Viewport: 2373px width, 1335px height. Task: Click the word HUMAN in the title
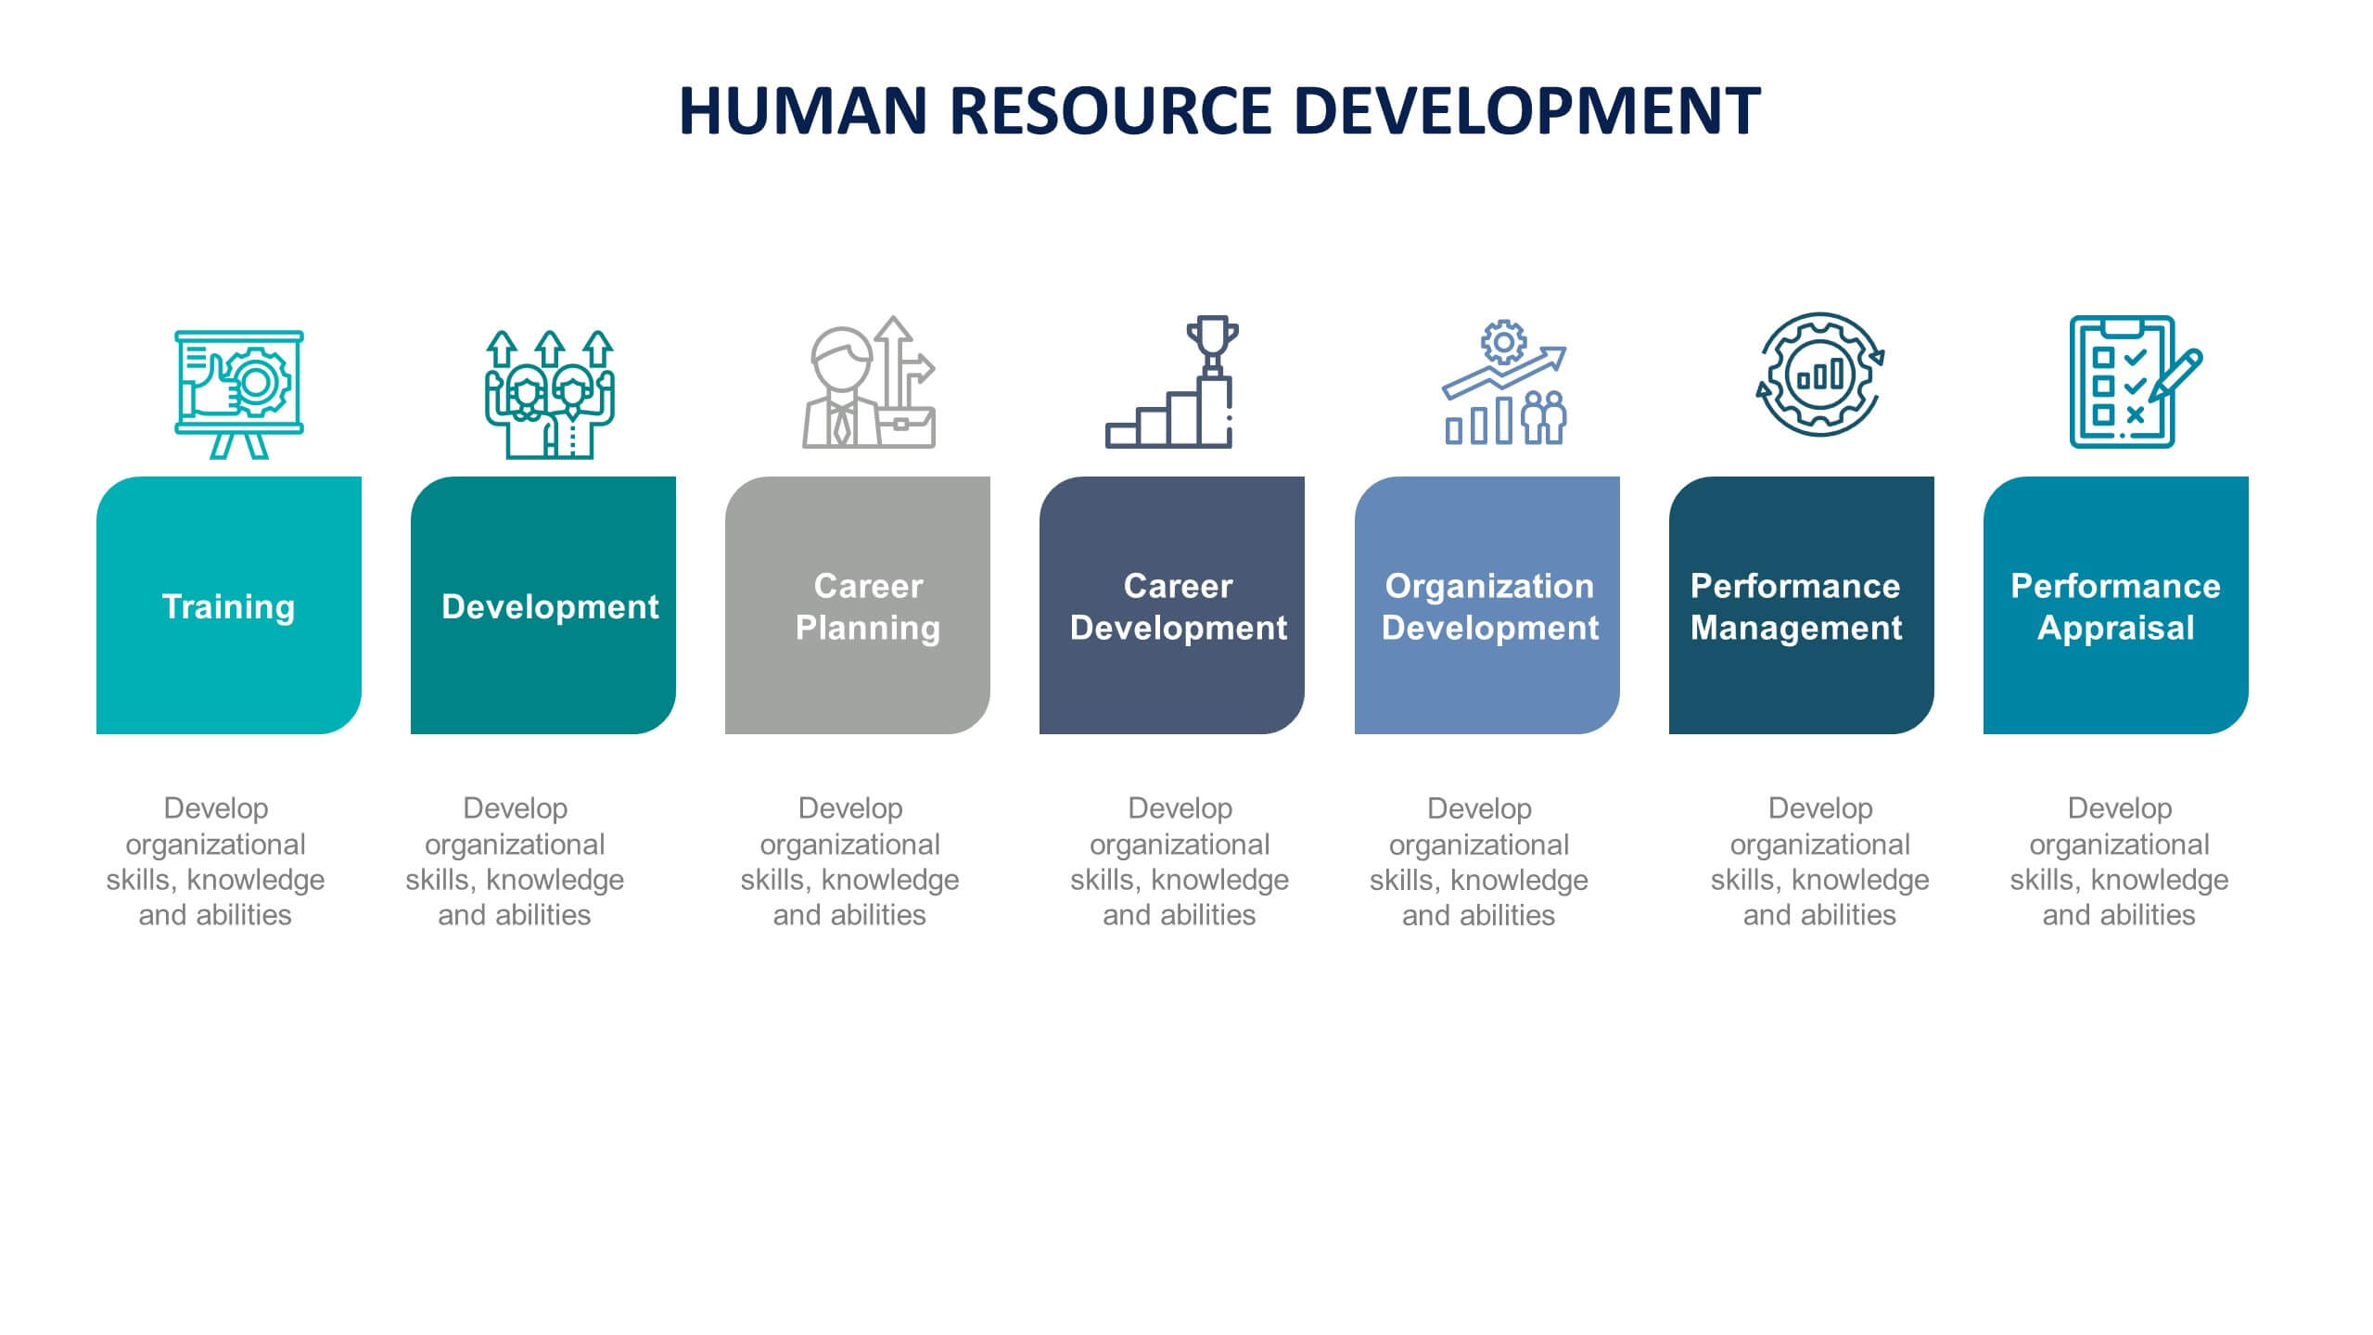(803, 111)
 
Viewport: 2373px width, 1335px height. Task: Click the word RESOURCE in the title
(1110, 111)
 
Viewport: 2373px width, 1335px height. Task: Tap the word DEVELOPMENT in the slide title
(1526, 111)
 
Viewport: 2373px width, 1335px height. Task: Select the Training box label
(228, 606)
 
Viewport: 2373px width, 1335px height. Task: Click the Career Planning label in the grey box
(868, 606)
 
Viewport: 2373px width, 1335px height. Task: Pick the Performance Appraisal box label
(2115, 606)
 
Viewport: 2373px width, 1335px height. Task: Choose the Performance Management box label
(1796, 606)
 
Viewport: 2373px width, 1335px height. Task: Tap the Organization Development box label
(1489, 606)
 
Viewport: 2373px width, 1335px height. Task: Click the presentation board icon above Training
(239, 393)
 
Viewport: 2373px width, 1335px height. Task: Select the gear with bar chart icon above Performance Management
(1820, 375)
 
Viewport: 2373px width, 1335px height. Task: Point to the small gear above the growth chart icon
(1503, 342)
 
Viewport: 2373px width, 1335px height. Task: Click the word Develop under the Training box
(216, 808)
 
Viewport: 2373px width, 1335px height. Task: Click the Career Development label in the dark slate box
(1178, 606)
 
